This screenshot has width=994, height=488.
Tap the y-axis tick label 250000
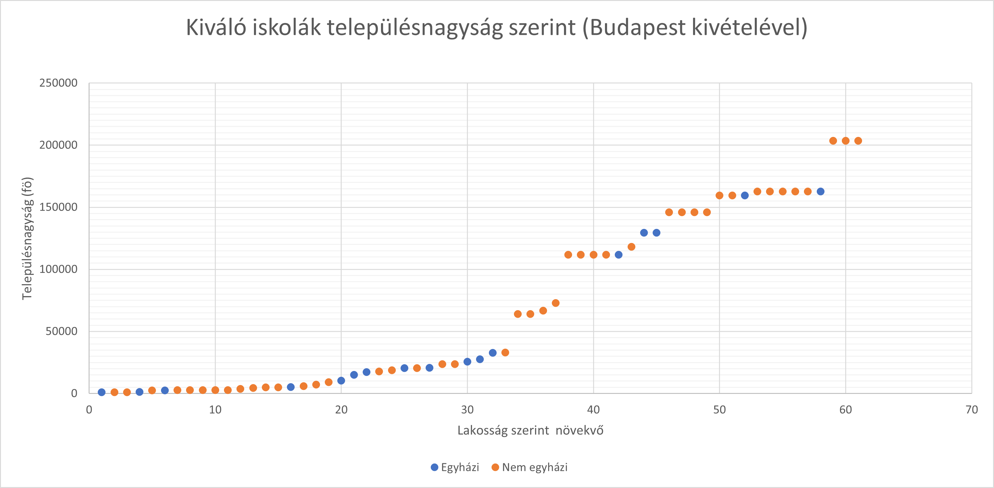pos(58,83)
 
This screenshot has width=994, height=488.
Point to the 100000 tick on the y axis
pos(58,269)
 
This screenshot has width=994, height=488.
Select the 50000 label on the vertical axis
pos(61,331)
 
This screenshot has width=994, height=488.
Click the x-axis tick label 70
pos(971,410)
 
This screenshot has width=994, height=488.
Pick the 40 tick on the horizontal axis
pos(593,410)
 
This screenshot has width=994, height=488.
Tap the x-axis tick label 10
pos(215,410)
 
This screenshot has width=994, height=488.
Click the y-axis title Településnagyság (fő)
pos(27,238)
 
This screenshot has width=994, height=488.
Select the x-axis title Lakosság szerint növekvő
pos(530,431)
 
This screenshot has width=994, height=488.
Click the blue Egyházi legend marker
pos(435,468)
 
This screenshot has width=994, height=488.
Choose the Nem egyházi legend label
pos(534,468)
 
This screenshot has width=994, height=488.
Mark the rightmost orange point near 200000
pos(858,141)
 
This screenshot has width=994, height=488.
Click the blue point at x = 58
pos(820,192)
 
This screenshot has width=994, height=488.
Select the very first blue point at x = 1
pos(101,392)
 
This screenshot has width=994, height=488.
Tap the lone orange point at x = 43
pos(631,247)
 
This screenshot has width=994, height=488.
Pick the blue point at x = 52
pos(745,196)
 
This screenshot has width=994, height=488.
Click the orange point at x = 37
pos(556,303)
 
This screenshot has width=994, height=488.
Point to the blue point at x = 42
pos(618,255)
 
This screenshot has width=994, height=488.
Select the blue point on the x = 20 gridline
pos(341,381)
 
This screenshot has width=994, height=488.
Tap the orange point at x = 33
pos(505,353)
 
